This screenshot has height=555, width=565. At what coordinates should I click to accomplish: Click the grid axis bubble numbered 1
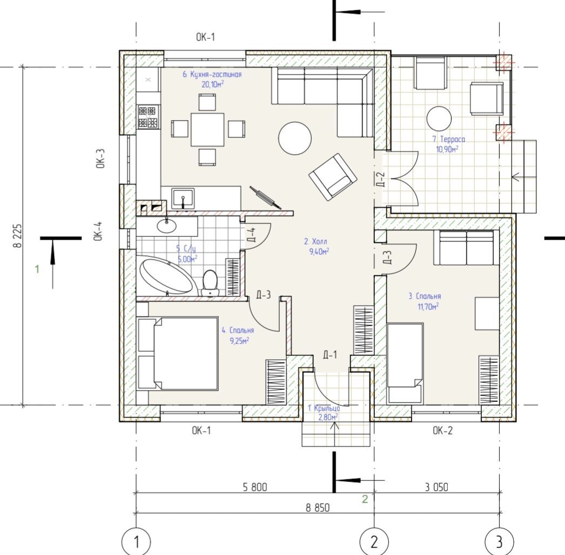click(136, 542)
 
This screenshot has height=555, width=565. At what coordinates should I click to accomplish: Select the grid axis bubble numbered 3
click(499, 542)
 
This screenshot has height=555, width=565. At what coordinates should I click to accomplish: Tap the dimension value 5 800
click(255, 487)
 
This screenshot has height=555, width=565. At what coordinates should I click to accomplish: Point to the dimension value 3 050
click(436, 487)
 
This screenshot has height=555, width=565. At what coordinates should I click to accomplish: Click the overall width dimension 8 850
click(318, 508)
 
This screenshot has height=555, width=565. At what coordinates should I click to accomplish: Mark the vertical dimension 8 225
click(17, 236)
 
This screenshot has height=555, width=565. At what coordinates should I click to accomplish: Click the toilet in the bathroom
click(210, 283)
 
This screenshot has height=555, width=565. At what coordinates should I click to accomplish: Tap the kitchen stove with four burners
click(148, 116)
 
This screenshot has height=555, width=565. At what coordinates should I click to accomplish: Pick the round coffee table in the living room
click(295, 138)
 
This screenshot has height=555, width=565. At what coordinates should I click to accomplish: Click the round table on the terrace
click(439, 118)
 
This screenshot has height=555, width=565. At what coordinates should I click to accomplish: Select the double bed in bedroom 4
click(178, 353)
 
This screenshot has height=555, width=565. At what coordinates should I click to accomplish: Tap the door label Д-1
click(329, 355)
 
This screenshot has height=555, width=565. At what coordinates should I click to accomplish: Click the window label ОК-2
click(442, 431)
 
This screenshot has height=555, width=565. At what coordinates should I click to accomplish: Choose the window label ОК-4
click(99, 231)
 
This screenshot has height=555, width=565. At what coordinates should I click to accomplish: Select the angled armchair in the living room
click(333, 177)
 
